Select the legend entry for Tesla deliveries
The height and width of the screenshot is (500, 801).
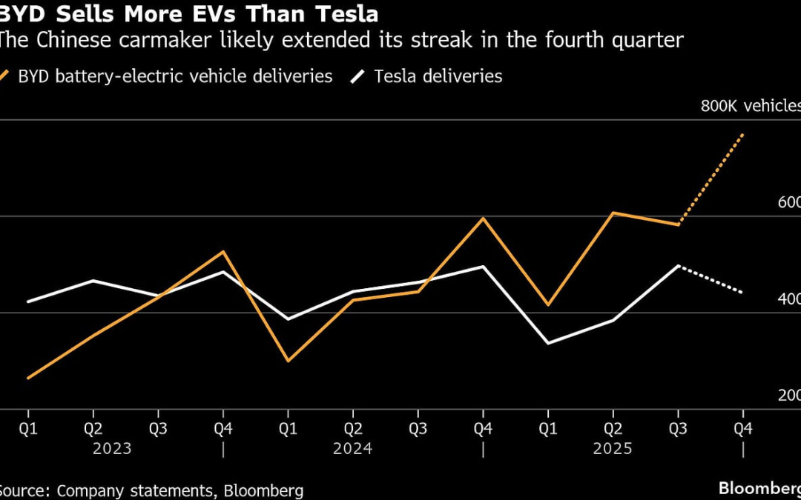(x=438, y=76)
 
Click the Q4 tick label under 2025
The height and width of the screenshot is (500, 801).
(x=743, y=429)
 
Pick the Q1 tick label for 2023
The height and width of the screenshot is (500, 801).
(x=28, y=429)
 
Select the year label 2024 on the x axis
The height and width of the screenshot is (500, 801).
(x=353, y=449)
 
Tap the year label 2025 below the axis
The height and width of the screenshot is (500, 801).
(x=613, y=449)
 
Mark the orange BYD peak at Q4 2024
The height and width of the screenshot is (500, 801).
(x=483, y=218)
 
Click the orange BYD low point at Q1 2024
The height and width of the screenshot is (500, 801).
(x=288, y=361)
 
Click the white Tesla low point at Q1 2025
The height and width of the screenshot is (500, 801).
(x=548, y=343)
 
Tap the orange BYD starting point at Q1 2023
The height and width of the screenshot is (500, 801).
(x=28, y=378)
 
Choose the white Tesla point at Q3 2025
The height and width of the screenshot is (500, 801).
(x=678, y=265)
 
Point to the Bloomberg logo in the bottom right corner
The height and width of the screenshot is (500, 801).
(x=759, y=488)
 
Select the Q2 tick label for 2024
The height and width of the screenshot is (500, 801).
(x=353, y=429)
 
